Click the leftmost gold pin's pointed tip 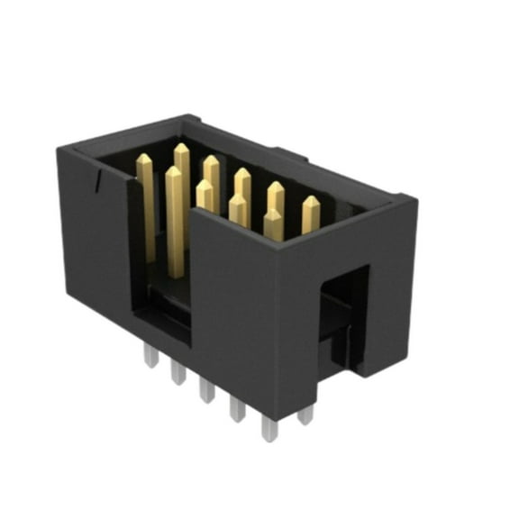(144, 160)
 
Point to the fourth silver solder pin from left (238, 408)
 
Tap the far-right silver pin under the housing (305, 414)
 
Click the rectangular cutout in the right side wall (343, 315)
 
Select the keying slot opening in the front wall (162, 297)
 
